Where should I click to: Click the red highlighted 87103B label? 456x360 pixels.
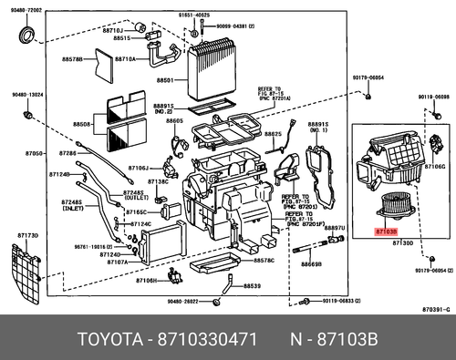[x=386, y=232]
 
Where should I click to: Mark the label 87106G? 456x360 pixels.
[x=434, y=168]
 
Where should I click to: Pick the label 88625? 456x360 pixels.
[x=274, y=134]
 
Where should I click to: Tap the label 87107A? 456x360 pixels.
[x=116, y=262]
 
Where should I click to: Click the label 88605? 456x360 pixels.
[x=175, y=121]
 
